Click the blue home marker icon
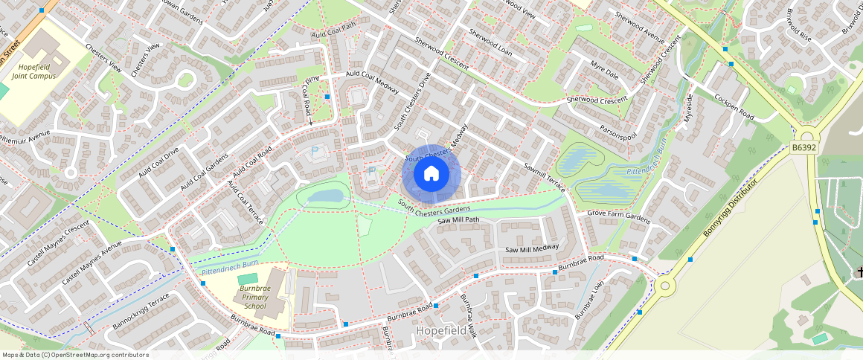pos(431,174)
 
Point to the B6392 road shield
pos(803,148)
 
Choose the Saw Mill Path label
pos(458,221)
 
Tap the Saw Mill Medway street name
pos(532,248)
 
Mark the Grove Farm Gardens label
pos(618,221)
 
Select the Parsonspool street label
pos(619,134)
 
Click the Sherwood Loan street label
pos(490,43)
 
